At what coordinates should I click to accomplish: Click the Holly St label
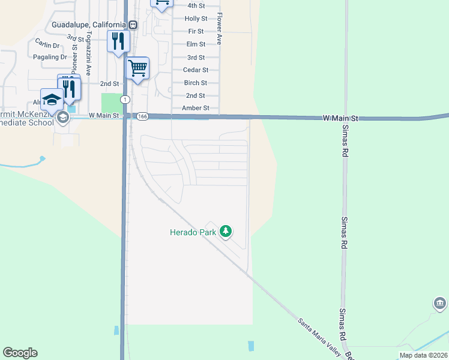196,19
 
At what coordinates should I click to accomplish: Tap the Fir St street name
196,31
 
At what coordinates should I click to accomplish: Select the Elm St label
196,44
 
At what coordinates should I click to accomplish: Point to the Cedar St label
195,70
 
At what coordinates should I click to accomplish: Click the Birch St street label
196,83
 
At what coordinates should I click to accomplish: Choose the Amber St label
196,109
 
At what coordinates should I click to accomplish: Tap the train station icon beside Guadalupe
133,25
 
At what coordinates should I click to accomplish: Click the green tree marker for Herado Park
226,231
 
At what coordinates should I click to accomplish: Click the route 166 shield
142,116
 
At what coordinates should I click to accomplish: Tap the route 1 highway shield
124,99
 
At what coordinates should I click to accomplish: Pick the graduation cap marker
52,99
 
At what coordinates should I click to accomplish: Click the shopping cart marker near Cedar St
138,68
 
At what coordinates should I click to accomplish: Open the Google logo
20,353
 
